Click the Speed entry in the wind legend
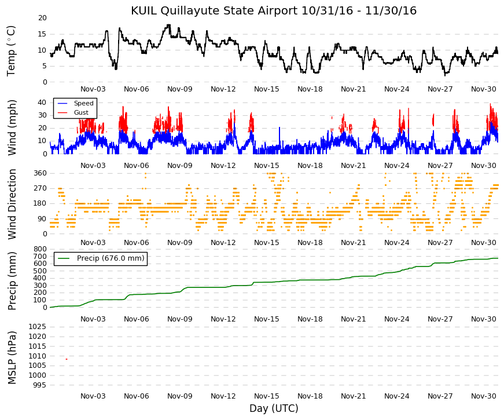click(x=83, y=103)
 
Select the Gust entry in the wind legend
click(x=81, y=112)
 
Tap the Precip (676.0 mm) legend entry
click(x=111, y=258)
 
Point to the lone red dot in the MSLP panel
click(x=67, y=359)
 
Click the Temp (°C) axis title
click(x=11, y=51)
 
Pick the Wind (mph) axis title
click(x=12, y=128)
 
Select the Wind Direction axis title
click(x=12, y=204)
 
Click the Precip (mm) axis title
click(x=12, y=281)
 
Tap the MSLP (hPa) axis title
click(x=12, y=357)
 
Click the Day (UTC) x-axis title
click(x=274, y=408)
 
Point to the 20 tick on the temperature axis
click(x=42, y=18)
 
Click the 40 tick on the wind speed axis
click(x=42, y=103)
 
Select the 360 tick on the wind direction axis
click(x=40, y=173)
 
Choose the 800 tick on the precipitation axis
click(x=40, y=249)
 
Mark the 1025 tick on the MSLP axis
click(x=38, y=327)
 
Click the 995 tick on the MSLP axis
click(x=40, y=385)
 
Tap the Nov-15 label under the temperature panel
click(x=266, y=89)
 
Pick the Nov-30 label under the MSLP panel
click(x=483, y=396)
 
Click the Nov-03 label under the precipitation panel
click(x=93, y=319)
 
